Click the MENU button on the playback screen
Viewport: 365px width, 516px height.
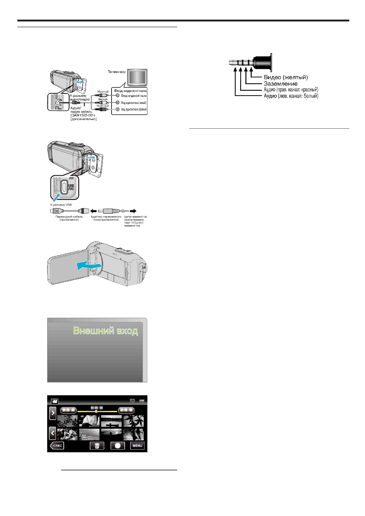(137, 446)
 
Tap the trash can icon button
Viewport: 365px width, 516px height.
(97, 446)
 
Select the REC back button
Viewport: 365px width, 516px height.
(57, 446)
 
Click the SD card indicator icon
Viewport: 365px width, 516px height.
(132, 401)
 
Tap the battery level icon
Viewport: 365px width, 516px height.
(142, 401)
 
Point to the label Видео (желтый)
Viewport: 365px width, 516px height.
(286, 77)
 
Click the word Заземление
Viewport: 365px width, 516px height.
(280, 84)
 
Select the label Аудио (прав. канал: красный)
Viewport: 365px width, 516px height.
(291, 90)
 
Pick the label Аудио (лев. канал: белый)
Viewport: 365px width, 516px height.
(291, 96)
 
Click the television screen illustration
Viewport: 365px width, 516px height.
(137, 78)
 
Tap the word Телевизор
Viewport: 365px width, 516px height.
(116, 72)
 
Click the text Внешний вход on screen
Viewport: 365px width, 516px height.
(105, 331)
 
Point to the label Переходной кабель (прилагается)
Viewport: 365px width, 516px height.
(69, 218)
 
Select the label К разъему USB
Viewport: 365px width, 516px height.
(61, 205)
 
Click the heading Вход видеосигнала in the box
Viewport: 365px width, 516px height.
(130, 91)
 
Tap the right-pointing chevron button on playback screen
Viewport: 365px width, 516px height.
(53, 413)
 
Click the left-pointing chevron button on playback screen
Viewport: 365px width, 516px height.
(53, 433)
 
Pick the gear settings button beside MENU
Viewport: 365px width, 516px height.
(118, 446)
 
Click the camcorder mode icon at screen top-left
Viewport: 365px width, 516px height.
(55, 401)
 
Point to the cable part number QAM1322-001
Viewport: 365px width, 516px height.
(83, 115)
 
